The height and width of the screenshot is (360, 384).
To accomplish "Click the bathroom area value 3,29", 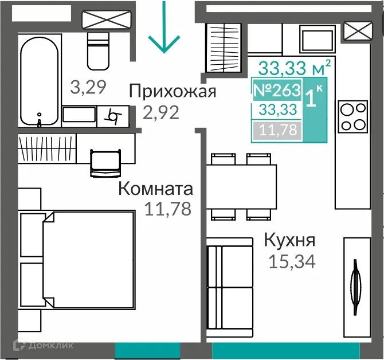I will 88,87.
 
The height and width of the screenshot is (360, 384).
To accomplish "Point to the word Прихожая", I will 172,91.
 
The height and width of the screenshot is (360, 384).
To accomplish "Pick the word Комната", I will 155,189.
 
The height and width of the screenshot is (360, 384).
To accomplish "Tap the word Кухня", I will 289,240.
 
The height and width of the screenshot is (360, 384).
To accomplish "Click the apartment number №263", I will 277,90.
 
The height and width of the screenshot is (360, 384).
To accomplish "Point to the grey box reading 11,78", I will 277,130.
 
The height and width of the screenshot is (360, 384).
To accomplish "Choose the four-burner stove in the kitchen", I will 352,116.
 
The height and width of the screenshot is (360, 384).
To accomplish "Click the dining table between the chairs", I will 241,187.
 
